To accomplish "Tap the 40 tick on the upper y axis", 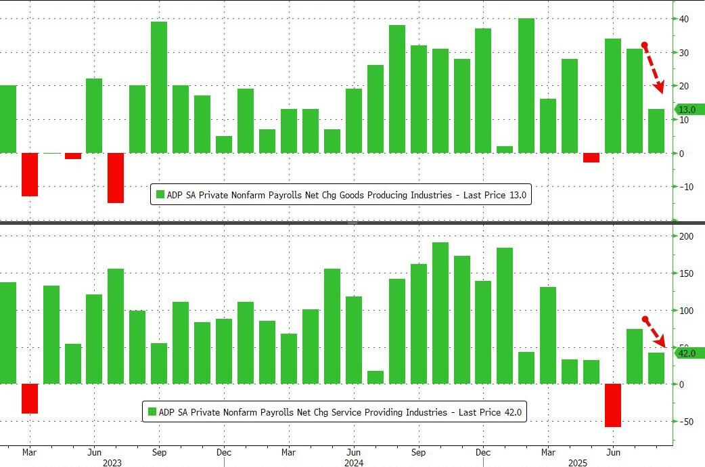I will coord(685,19).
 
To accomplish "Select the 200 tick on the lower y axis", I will coord(687,236).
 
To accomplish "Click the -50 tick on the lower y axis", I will coord(685,422).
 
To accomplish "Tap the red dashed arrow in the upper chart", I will coord(654,68).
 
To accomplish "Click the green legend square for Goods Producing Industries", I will coord(160,195).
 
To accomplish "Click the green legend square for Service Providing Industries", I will coord(152,412).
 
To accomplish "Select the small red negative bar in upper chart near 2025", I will coord(591,158).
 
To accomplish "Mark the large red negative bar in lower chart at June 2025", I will coord(613,405).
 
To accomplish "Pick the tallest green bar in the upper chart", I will coord(526,85).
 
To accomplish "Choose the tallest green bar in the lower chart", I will coord(440,313).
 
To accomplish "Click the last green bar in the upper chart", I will coord(656,131).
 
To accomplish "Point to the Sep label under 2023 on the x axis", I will coord(159,452).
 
